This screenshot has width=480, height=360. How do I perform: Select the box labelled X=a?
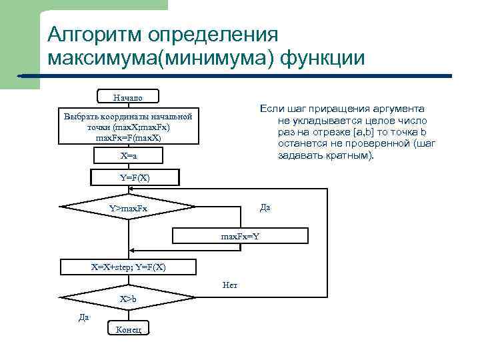[x=128, y=155]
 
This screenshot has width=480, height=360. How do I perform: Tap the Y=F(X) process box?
[x=135, y=177]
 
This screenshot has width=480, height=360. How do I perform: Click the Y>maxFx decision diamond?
[x=128, y=210]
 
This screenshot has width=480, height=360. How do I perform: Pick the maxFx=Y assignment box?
[x=241, y=236]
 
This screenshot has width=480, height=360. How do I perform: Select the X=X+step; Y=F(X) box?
[x=128, y=267]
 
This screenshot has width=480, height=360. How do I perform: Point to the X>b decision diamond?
[x=128, y=299]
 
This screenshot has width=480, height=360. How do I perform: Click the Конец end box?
[x=128, y=329]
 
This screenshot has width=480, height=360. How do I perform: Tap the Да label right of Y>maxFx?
[x=265, y=207]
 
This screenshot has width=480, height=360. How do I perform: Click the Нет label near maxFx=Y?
[x=230, y=285]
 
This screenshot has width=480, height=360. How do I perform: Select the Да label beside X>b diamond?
[x=84, y=317]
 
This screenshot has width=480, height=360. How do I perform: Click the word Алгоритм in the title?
[x=93, y=35]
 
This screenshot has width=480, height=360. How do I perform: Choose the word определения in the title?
[x=214, y=35]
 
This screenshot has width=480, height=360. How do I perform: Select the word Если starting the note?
[x=271, y=109]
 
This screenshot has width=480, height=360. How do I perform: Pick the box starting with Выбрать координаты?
[x=128, y=127]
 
